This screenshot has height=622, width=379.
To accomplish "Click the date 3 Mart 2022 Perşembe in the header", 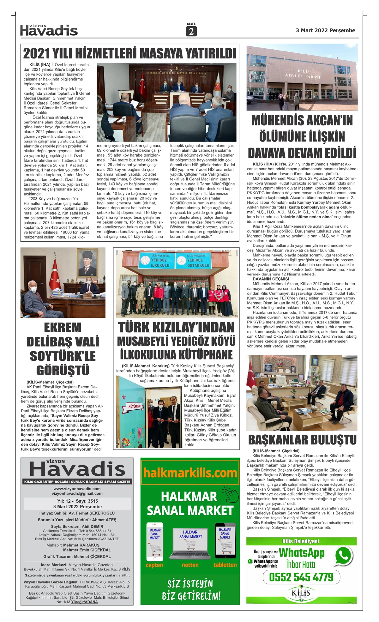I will coord(325,31).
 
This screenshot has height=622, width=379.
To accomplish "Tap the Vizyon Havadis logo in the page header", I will coord(49,30).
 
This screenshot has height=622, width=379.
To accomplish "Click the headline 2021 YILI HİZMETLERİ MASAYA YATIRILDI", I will coord(130,53).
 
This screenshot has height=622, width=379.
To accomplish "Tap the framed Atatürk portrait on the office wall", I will coord(87,263).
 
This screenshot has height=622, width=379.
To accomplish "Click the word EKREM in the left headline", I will coord(63,328).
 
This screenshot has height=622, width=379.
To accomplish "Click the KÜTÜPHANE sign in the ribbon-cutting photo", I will coord(135,406).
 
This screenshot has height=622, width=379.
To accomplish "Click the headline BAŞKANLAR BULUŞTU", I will coord(302,440).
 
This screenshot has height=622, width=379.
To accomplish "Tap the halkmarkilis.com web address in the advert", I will coord(190,473).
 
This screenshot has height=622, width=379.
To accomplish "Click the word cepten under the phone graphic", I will coord(154,565).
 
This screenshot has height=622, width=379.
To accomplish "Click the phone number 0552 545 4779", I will coord(301,577).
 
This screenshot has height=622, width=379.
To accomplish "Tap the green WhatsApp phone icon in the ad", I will coord(343,556).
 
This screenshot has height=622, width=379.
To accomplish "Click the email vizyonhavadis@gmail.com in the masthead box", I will coord(77,493).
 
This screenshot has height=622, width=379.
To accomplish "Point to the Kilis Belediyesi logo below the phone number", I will coord(301,592).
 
